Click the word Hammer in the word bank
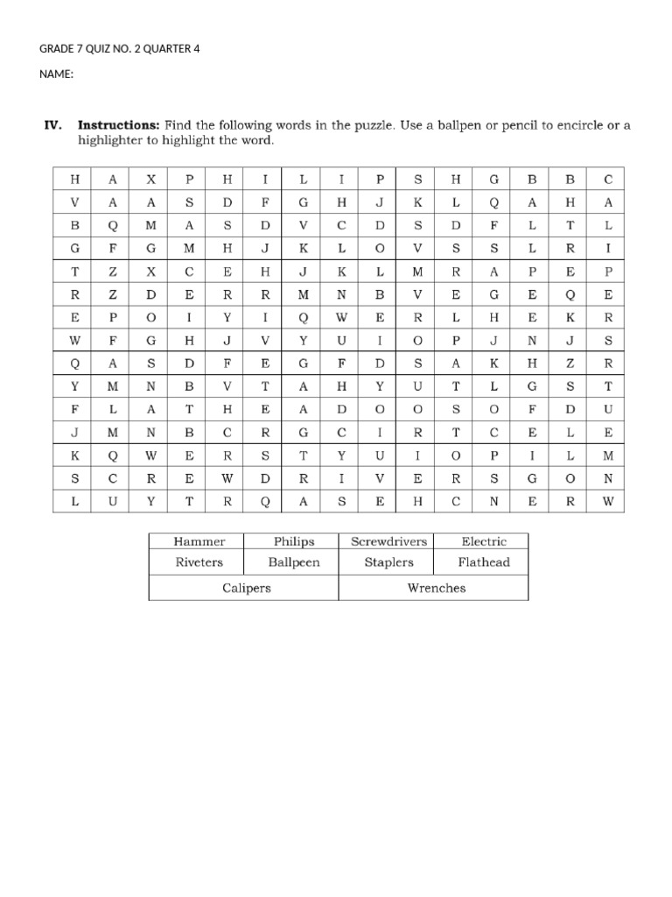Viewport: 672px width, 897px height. point(199,541)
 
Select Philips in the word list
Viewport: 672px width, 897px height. point(293,541)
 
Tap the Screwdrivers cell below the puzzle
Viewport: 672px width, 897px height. point(388,541)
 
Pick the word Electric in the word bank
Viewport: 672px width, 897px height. point(484,541)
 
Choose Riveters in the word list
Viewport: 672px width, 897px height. point(199,562)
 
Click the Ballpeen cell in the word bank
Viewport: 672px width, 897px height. point(293,562)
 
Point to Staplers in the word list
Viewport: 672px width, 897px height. point(388,562)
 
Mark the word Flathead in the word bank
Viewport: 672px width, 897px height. point(484,562)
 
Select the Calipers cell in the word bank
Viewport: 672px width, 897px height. point(246,588)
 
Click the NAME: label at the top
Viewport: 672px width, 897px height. point(56,74)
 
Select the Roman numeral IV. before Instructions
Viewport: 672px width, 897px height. point(54,125)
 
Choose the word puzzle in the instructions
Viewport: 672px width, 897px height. point(372,125)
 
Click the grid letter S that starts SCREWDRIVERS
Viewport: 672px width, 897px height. point(74,479)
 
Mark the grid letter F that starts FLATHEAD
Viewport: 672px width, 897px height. point(74,409)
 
